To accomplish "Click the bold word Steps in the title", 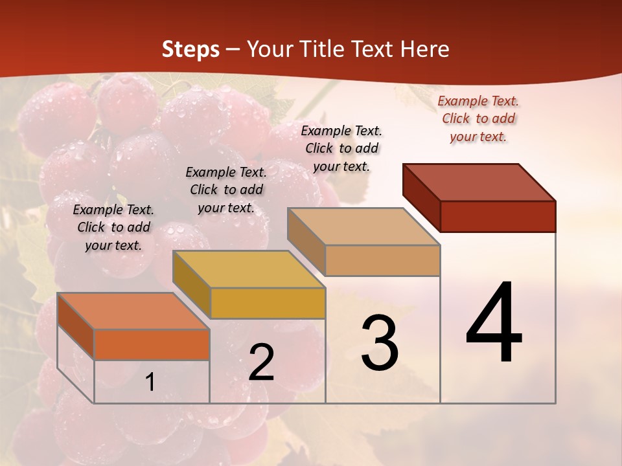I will (x=190, y=49).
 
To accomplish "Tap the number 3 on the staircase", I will (x=379, y=343).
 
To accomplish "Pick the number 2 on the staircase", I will (x=261, y=362).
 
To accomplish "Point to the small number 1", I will (x=150, y=382).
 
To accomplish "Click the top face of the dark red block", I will (x=479, y=182).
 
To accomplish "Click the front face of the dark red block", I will (x=498, y=216).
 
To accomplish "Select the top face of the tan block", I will (x=364, y=227).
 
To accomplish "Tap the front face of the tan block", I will (x=382, y=261).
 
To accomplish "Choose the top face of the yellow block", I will (x=249, y=269).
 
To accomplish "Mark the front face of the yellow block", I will (x=268, y=303).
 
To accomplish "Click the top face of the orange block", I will (x=133, y=311).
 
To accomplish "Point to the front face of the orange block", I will (x=152, y=344).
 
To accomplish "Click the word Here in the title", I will (x=426, y=49).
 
